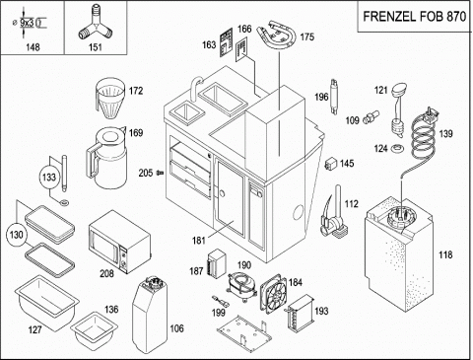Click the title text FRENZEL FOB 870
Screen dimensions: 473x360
(415, 17)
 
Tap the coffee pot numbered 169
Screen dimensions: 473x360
(106, 157)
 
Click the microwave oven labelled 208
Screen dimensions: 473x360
(119, 242)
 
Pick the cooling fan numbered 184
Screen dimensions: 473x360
(273, 294)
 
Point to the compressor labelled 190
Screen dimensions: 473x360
(242, 285)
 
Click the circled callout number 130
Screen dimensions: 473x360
(17, 235)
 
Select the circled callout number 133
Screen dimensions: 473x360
(49, 178)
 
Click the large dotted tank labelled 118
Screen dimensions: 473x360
(399, 254)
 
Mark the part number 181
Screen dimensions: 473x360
(199, 241)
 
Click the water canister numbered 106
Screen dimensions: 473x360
(150, 315)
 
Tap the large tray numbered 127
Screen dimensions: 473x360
(46, 303)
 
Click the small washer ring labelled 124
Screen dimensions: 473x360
(397, 148)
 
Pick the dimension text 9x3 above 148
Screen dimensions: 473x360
(27, 23)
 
